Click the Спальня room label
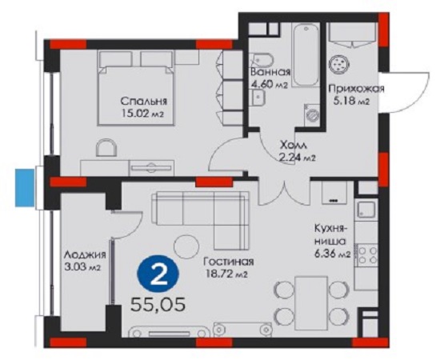pyautogui.click(x=144, y=101)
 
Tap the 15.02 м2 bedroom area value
pyautogui.click(x=142, y=114)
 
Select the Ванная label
pyautogui.click(x=270, y=72)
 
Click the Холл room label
pyautogui.click(x=294, y=146)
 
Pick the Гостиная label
pyautogui.click(x=229, y=262)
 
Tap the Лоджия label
pyautogui.click(x=85, y=254)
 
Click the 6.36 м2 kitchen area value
pyautogui.click(x=333, y=254)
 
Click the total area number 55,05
pyautogui.click(x=158, y=305)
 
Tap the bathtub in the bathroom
pyautogui.click(x=306, y=55)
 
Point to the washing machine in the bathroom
pyautogui.click(x=312, y=114)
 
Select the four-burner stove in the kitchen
pyautogui.click(x=366, y=254)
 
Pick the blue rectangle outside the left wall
pyautogui.click(x=25, y=188)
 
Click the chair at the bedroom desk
pyautogui.click(x=106, y=147)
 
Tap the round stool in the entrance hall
pyautogui.click(x=339, y=64)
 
